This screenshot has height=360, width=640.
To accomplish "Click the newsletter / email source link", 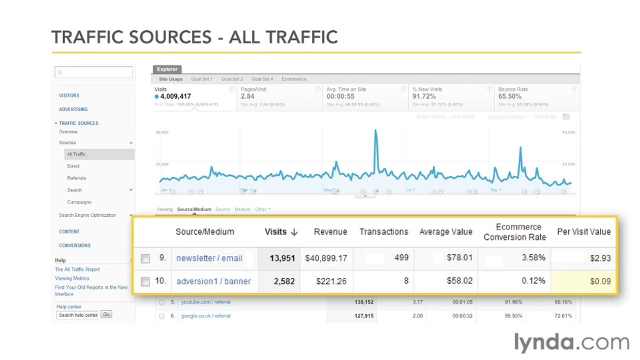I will pos(209,258).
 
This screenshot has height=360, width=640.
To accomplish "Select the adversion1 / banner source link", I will pos(213,281).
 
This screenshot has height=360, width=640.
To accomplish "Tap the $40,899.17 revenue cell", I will pos(326,258).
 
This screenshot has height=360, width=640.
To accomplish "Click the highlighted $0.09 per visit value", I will pos(600,281).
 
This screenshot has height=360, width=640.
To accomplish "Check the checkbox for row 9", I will pos(145,259).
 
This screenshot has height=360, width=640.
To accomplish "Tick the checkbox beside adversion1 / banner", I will pos(145,282).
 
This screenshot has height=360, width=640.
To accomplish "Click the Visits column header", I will pos(280,232).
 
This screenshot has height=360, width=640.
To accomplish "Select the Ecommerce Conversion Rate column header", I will pos(514,232).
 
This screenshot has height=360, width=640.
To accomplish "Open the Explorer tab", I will pos(166,69).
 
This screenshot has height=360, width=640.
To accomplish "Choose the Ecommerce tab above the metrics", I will pos(294,79).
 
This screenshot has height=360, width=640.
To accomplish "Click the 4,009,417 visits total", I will pos(175,96).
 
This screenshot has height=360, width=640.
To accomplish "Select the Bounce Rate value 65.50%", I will pos(509,96).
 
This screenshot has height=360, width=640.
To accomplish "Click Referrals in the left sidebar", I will pos(76,178).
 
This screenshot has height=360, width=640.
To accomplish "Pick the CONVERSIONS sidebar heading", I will pos(74,245).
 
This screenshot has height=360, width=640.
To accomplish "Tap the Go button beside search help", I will pos(106,314).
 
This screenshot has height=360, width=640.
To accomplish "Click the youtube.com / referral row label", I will pos(199,302).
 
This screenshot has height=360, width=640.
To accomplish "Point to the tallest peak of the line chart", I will pos(375,131).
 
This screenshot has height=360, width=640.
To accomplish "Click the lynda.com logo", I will pos(571,342).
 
